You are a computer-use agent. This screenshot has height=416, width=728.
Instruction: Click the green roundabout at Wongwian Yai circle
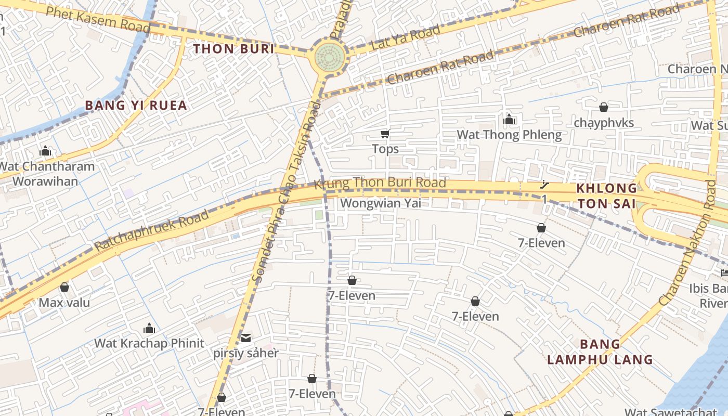(x=330, y=55)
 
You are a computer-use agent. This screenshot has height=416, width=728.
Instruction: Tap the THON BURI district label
(x=233, y=49)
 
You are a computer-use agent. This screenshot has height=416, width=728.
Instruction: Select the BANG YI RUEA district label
(x=136, y=106)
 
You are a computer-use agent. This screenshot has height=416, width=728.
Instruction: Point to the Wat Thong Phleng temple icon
(x=509, y=120)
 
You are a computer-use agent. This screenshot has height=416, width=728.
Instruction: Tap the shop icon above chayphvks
(x=603, y=107)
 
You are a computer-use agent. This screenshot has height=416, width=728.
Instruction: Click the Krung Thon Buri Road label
(x=380, y=183)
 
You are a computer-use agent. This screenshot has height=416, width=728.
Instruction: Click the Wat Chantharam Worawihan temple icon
(x=45, y=151)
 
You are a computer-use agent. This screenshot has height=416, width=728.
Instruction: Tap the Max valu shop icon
(x=64, y=287)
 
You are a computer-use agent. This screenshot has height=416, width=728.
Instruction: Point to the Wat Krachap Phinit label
(x=149, y=343)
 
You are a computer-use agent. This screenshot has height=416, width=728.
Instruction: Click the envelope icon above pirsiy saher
(x=245, y=339)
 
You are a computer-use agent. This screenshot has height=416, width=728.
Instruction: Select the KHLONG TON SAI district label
(x=607, y=196)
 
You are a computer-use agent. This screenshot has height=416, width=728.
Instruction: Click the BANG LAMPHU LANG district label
(x=600, y=352)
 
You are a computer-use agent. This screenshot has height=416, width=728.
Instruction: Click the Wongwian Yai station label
(x=380, y=203)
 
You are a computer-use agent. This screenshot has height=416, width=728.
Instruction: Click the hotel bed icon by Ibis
(x=724, y=272)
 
